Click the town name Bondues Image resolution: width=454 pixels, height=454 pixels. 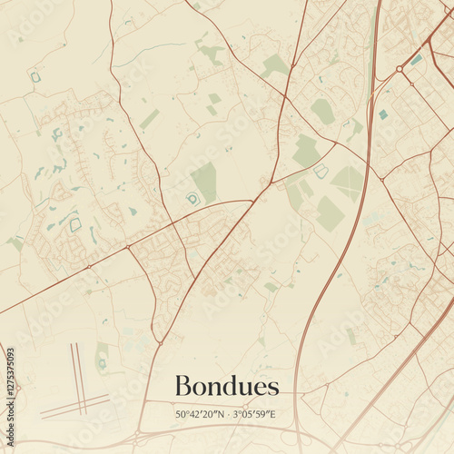[x=226, y=387]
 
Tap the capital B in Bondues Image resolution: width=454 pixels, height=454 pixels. [x=182, y=387]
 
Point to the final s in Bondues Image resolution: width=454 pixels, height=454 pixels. [x=273, y=389]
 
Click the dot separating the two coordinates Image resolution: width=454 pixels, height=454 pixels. [x=228, y=414]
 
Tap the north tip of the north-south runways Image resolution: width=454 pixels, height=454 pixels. [x=72, y=344]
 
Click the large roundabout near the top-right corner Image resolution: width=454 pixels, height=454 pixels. [x=399, y=68]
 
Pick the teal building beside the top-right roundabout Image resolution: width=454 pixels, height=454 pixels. [x=416, y=60]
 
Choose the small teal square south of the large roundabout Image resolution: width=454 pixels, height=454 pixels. [x=383, y=114]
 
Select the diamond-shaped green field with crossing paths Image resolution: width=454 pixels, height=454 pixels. [x=347, y=182]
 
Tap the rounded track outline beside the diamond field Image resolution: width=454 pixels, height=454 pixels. [x=321, y=170]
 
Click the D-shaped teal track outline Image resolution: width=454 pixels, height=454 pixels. [x=192, y=198]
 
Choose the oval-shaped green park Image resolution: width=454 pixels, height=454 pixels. [x=322, y=111]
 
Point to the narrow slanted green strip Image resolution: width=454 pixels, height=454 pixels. [x=150, y=119]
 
